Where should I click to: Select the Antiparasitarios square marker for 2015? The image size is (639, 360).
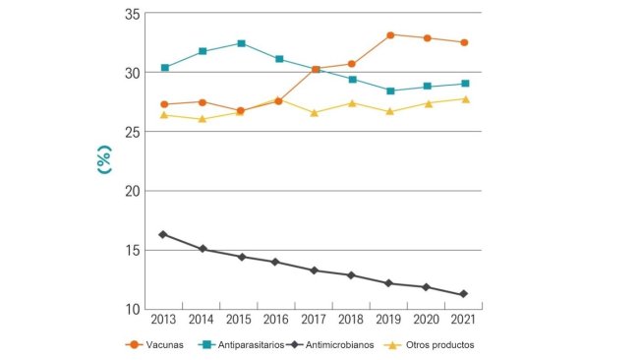(240, 43)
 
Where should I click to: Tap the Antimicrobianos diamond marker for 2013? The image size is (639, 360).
(164, 234)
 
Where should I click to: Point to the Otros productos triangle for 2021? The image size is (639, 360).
(465, 99)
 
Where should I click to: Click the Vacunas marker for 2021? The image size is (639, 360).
(465, 42)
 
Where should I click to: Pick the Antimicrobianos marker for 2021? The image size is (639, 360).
(465, 294)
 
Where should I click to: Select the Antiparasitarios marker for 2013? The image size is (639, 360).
(164, 68)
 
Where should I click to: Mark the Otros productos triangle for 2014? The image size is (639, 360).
(202, 119)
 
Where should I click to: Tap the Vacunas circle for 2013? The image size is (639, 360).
(164, 104)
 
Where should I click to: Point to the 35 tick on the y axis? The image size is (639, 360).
(132, 14)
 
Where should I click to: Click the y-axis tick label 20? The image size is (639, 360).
(132, 191)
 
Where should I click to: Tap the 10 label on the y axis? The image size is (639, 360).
(132, 309)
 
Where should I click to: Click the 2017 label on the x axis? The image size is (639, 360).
(315, 321)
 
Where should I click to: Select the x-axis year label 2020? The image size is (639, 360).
(428, 321)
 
